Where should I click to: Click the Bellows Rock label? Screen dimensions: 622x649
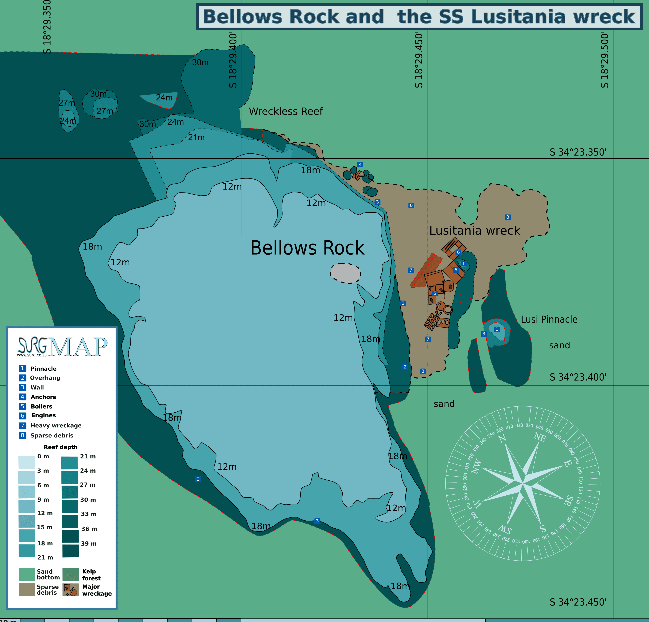point(307,248)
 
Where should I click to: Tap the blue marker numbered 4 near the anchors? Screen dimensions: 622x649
point(360,165)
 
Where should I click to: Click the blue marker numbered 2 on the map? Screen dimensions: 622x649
point(405,367)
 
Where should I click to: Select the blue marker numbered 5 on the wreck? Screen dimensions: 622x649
point(435,293)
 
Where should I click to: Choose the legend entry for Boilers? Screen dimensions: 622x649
point(41,406)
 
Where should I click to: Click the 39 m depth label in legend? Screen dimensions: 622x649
point(89,543)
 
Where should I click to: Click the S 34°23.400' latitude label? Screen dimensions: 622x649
point(578,377)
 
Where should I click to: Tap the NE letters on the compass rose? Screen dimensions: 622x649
point(540,437)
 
